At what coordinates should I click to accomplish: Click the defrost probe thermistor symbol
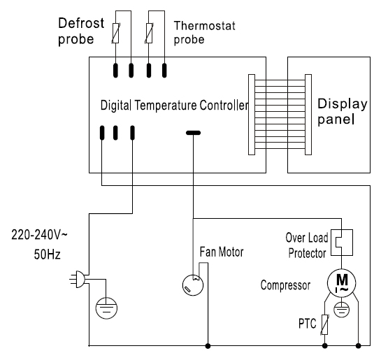point(115,33)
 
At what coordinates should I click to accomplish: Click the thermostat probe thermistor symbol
point(149,33)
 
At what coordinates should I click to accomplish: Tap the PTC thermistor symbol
point(325,324)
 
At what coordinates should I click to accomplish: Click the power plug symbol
point(78,280)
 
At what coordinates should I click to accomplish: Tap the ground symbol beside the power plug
point(106,308)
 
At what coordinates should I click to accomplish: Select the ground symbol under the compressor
point(341,310)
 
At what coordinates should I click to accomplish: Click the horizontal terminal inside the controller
point(193,133)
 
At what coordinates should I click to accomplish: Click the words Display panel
point(343,112)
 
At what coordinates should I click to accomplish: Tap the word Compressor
point(285,285)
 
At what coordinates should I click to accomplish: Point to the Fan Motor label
point(222,252)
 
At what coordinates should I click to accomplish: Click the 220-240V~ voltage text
point(39,235)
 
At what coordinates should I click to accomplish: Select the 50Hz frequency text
point(47,254)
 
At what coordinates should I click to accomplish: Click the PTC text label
point(308,324)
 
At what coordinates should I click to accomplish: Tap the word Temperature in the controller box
point(166,106)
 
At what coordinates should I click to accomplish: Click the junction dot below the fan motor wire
point(208,345)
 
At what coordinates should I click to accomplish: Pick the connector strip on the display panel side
point(308,115)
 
